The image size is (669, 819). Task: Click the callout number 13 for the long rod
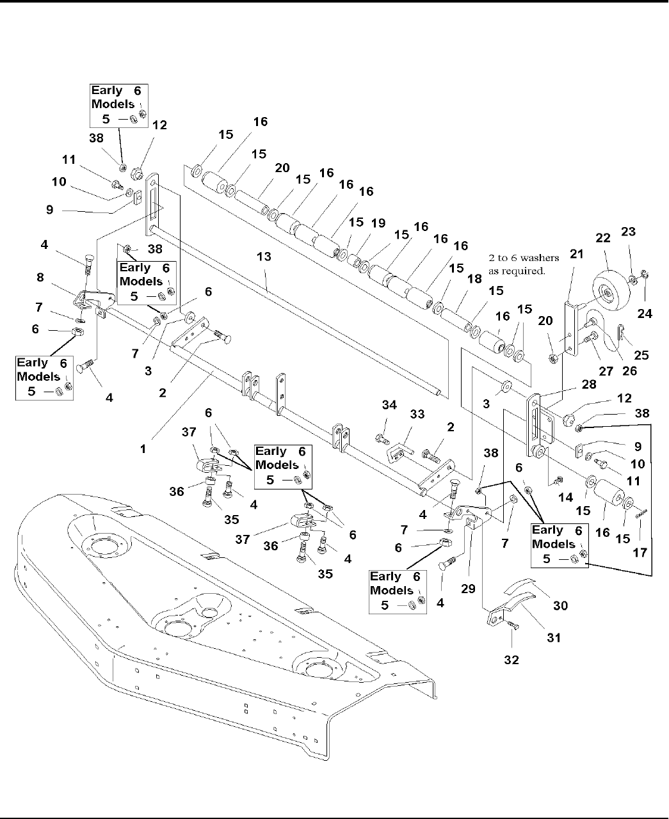click(x=264, y=257)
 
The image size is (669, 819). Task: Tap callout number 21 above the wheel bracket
click(x=577, y=254)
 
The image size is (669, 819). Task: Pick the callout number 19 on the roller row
click(x=378, y=223)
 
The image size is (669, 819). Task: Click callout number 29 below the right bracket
click(x=468, y=588)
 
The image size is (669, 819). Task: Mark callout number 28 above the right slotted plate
click(x=588, y=384)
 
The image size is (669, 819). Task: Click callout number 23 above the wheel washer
click(x=629, y=232)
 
